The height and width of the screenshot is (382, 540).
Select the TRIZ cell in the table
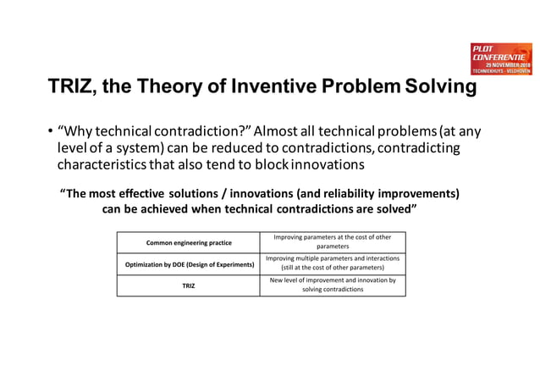pos(188,285)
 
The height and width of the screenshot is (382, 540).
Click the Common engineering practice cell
pos(188,242)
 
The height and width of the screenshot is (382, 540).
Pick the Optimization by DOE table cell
pos(188,264)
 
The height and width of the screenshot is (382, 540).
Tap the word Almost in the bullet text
pos(279,131)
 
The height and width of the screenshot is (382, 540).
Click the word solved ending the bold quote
pos(394,209)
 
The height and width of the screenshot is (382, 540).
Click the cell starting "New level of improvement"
pos(332,285)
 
